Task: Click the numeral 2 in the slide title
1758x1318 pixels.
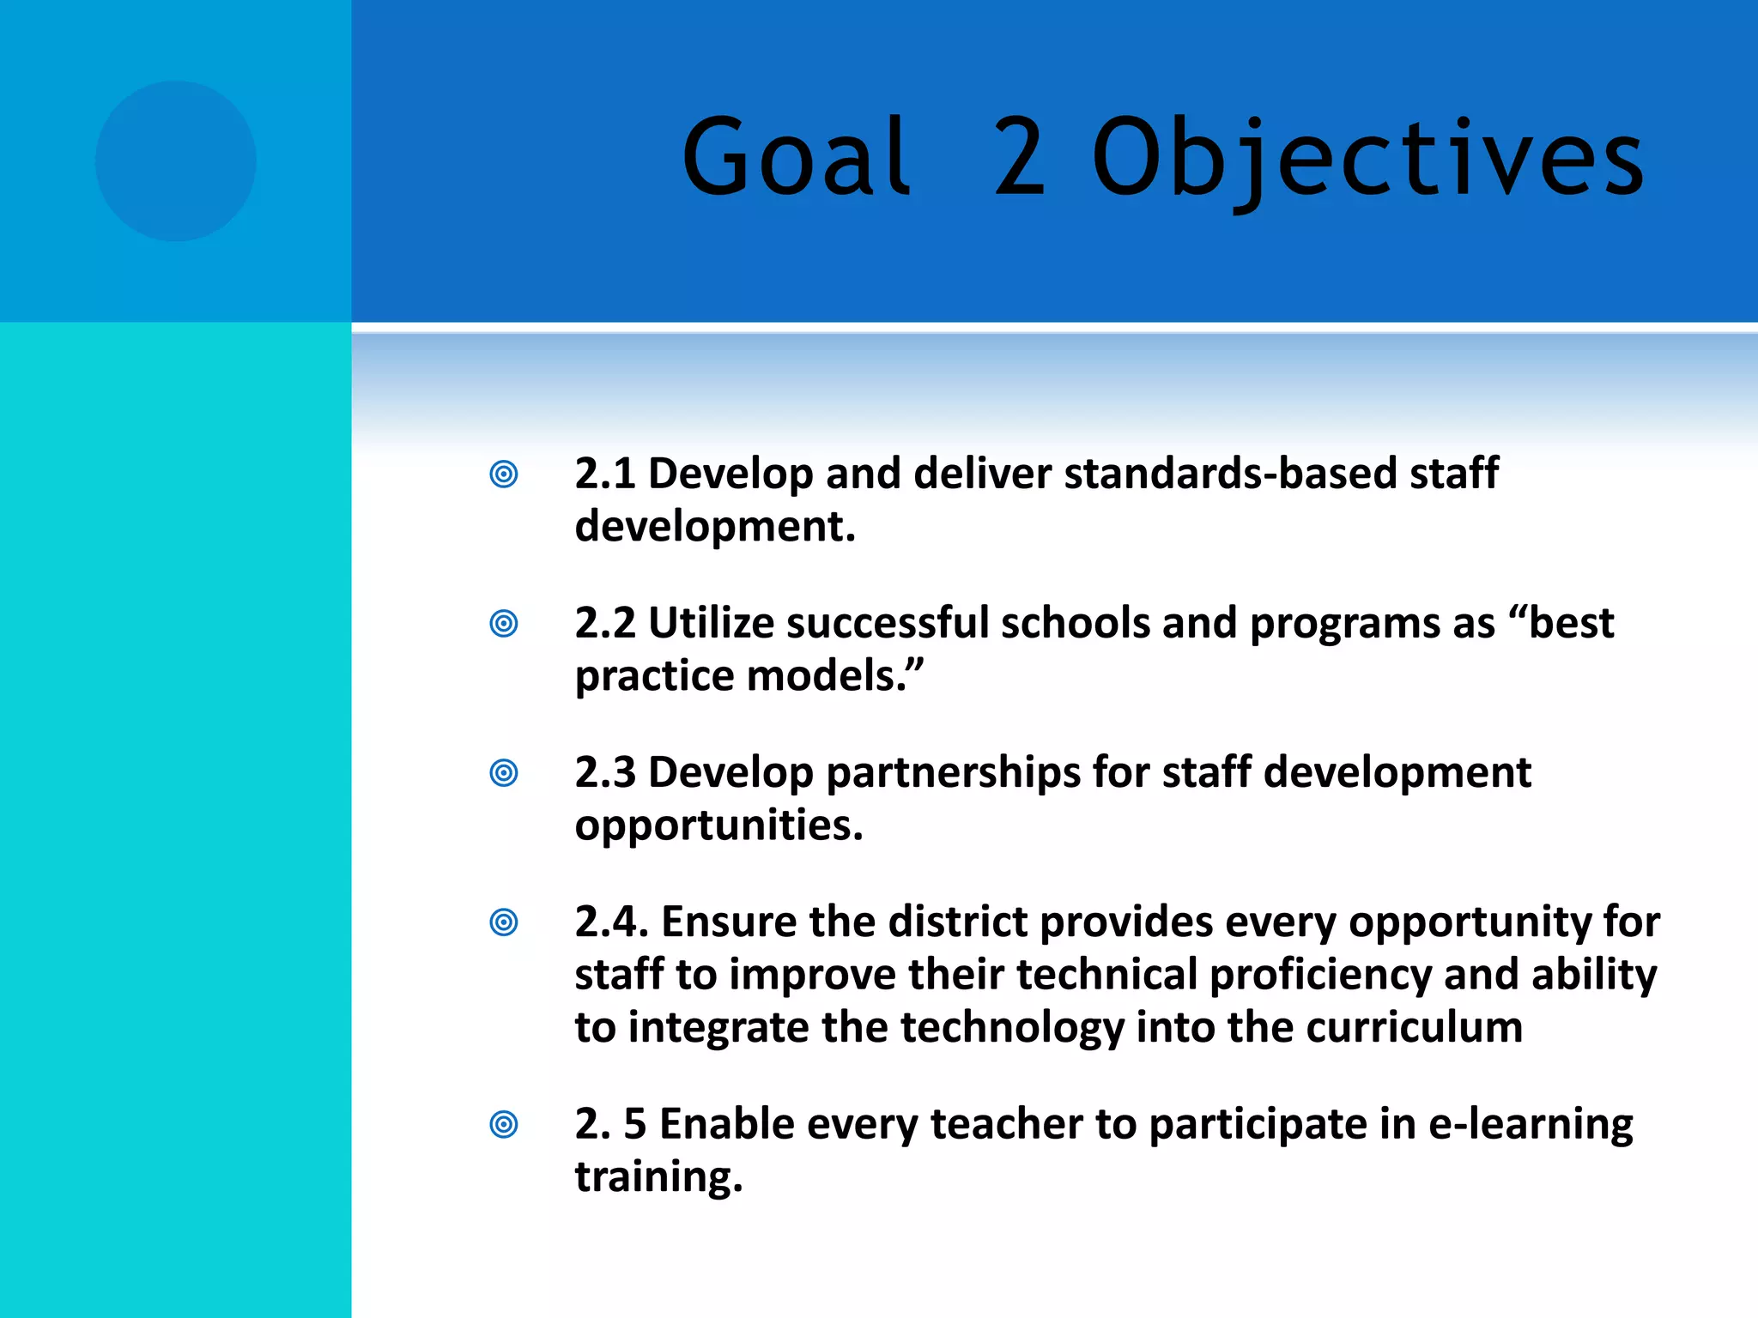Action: (x=1020, y=157)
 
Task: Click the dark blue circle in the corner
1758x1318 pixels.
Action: (x=176, y=161)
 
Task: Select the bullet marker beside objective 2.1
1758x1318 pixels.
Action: (x=504, y=474)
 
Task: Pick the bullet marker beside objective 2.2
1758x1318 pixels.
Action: (x=504, y=623)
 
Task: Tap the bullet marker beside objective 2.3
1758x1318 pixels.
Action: (x=504, y=772)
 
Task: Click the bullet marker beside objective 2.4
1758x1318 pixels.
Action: (x=504, y=922)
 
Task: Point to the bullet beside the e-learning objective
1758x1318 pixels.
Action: (x=504, y=1124)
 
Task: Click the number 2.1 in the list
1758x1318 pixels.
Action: (x=604, y=474)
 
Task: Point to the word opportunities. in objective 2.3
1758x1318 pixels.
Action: (x=718, y=826)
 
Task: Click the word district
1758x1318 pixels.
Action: (x=957, y=922)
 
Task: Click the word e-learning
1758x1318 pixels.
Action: (x=1531, y=1125)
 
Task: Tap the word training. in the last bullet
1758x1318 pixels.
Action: (x=658, y=1177)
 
